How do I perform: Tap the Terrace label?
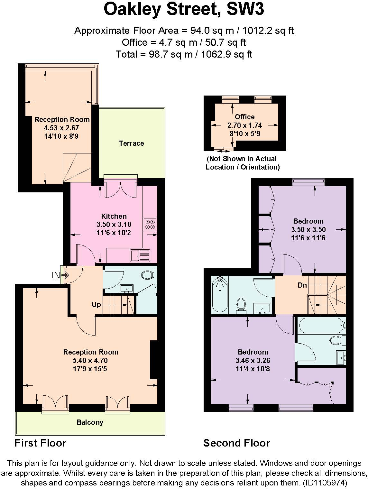[131, 143]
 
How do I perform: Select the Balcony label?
[90, 422]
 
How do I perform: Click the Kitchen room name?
[114, 216]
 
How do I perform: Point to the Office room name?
[244, 117]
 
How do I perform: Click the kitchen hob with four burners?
[150, 224]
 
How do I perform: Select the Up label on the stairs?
[96, 304]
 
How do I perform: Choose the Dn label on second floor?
[302, 285]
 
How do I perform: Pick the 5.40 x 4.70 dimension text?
[90, 361]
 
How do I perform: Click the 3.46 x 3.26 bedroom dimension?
[253, 361]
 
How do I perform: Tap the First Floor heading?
[40, 443]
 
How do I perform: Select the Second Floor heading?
[236, 443]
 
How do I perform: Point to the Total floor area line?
[184, 54]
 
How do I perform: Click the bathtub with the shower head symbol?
[220, 294]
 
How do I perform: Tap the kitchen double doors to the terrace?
[119, 190]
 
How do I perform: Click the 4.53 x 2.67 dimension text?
[61, 128]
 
